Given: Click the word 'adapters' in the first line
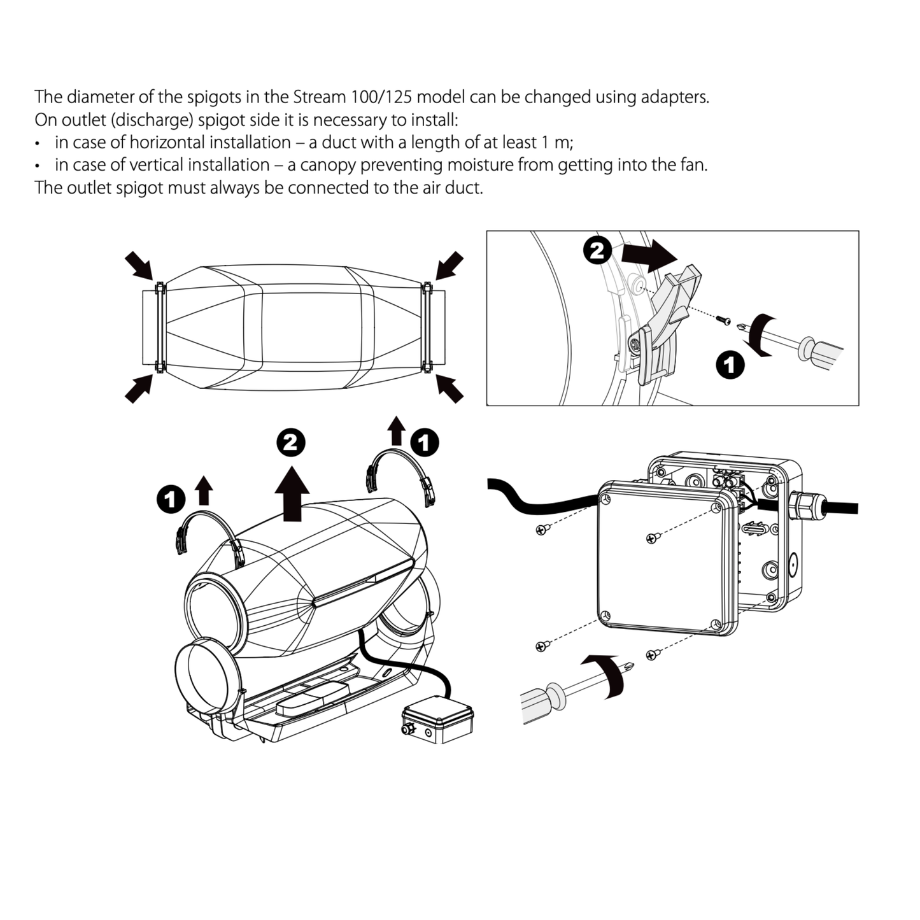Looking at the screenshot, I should coord(674,97).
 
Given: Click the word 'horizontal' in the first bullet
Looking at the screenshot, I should coord(168,142).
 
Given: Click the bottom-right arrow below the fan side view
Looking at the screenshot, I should coord(449,388).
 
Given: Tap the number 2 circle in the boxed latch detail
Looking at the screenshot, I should coord(597,251).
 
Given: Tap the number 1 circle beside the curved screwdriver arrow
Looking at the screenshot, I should coord(730,365).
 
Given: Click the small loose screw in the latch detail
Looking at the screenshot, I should coord(723,319).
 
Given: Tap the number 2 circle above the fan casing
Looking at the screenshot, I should coord(291,442).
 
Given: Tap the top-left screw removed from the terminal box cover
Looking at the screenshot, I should coord(542,528).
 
